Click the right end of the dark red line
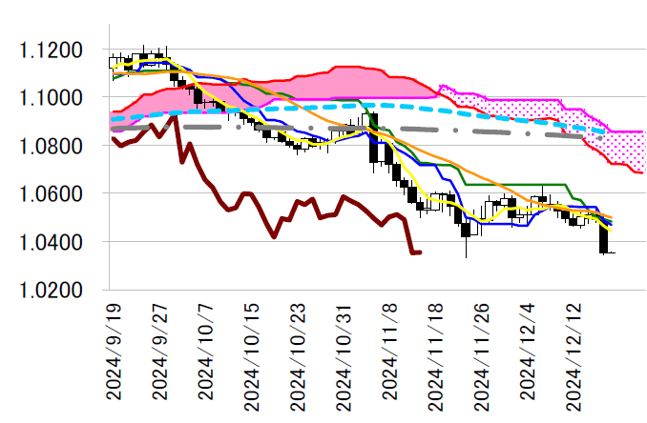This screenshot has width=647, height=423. point(419,252)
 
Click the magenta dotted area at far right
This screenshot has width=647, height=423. point(630,147)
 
